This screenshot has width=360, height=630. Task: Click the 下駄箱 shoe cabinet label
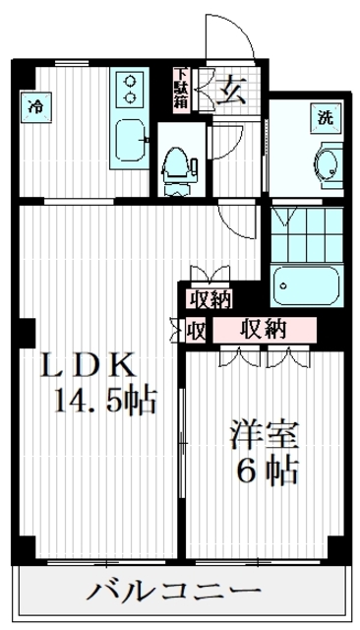click(182, 90)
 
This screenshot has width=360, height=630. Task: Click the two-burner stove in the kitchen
click(130, 90)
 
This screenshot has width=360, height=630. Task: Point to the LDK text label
click(85, 365)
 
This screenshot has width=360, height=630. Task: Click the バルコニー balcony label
click(177, 593)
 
